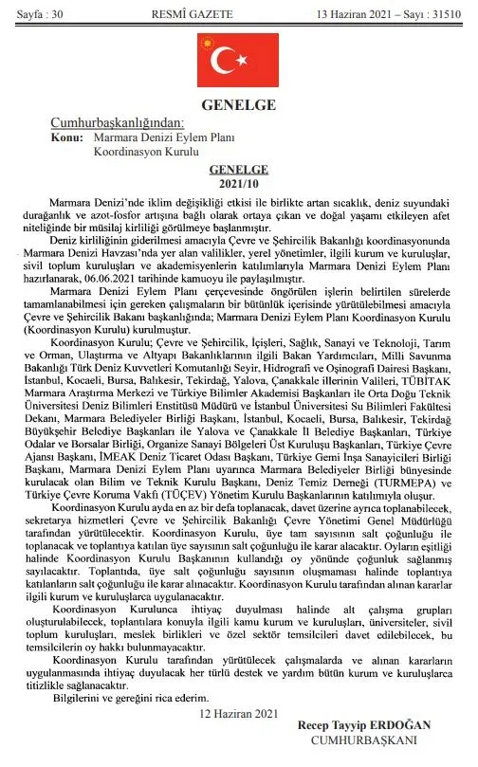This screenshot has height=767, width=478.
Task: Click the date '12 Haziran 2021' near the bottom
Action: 235,711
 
